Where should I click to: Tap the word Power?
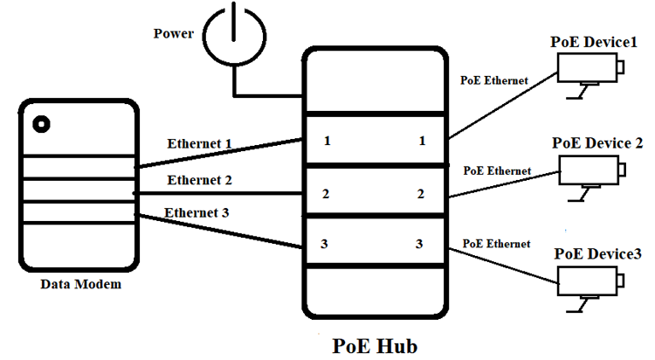pyautogui.click(x=175, y=34)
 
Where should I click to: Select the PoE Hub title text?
pyautogui.click(x=376, y=345)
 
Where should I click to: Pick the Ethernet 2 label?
pyautogui.click(x=199, y=181)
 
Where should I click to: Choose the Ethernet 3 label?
pyautogui.click(x=196, y=212)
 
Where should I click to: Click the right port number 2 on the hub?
pyautogui.click(x=421, y=193)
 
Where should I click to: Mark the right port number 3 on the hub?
pyautogui.click(x=421, y=244)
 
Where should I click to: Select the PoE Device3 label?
pyautogui.click(x=599, y=253)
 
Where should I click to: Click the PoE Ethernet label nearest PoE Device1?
pyautogui.click(x=494, y=80)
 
